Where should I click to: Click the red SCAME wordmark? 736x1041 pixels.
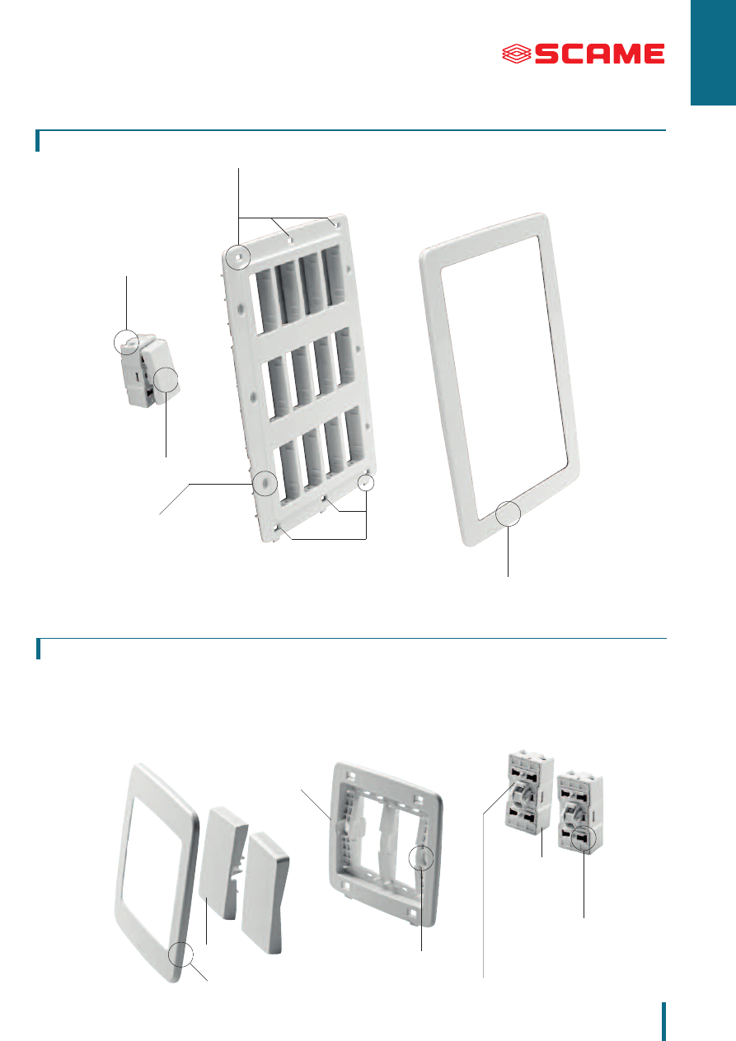(x=599, y=54)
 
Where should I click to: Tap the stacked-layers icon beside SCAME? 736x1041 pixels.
(x=517, y=54)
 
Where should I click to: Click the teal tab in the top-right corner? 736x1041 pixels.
(x=713, y=53)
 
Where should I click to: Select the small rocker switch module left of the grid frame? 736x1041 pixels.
(x=148, y=370)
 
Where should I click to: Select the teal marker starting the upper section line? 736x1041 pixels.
(x=38, y=141)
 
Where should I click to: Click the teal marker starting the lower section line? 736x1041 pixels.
(x=38, y=649)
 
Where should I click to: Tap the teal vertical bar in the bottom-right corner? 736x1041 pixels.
(x=664, y=1021)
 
